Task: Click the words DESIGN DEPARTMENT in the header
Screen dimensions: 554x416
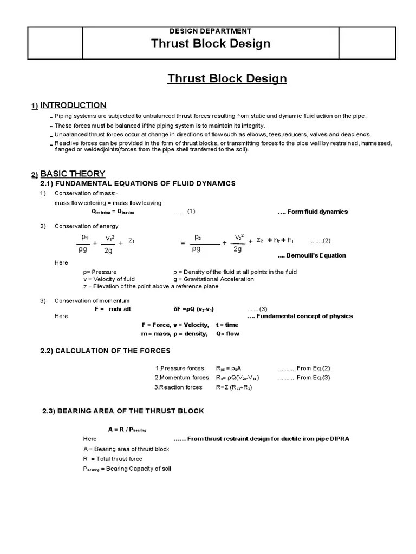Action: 211,31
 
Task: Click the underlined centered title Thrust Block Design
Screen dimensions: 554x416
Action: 227,78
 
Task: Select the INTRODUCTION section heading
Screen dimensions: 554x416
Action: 73,105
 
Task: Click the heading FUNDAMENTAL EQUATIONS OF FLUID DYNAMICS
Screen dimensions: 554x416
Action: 138,183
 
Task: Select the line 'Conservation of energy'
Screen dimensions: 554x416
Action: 86,226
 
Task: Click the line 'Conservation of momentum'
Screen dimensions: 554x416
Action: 92,301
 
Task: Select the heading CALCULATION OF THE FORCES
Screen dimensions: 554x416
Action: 105,351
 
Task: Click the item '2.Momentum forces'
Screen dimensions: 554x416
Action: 181,378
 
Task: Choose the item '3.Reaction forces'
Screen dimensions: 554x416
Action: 178,387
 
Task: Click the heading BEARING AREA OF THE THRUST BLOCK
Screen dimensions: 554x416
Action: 123,411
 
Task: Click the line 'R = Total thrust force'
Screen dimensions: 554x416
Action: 113,459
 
